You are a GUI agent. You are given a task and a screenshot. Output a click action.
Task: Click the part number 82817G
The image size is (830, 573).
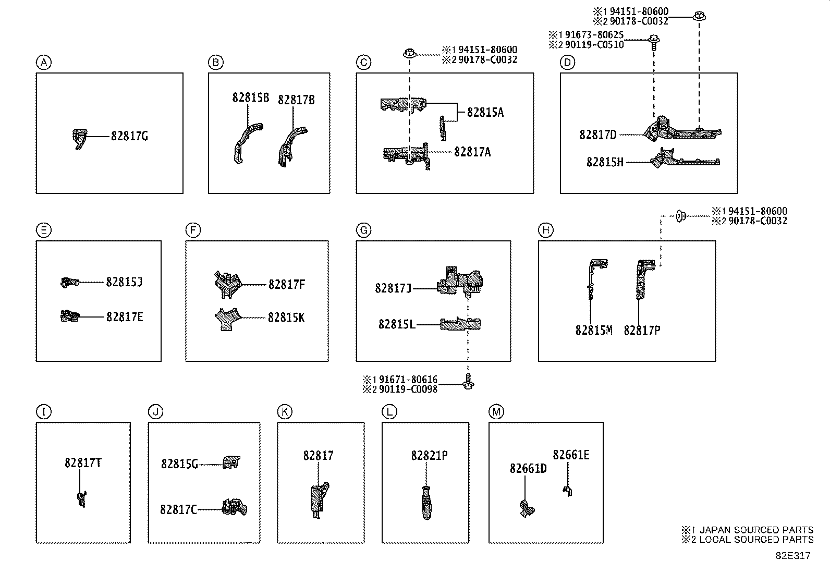[129, 136]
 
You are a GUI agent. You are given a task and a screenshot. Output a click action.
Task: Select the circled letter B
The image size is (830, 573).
[215, 63]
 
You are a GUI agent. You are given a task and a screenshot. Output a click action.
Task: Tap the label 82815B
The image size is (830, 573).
[250, 97]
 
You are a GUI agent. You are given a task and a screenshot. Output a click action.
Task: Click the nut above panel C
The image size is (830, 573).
[410, 53]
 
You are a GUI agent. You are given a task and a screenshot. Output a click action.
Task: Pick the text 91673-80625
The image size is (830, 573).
[592, 35]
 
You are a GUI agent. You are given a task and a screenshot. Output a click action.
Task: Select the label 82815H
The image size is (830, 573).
[604, 162]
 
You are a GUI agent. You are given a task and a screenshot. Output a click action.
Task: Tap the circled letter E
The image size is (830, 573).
[44, 230]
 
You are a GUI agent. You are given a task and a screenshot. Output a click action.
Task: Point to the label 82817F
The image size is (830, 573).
[286, 285]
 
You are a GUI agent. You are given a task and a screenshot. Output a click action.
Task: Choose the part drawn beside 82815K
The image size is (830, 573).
[227, 319]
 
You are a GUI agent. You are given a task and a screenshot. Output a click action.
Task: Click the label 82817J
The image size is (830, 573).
[393, 288]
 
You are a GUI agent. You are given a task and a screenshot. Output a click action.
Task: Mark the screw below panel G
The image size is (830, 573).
[468, 383]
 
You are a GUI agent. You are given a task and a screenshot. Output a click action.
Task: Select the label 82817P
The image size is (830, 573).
[642, 331]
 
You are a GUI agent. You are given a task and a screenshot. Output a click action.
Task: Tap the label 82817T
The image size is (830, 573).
[83, 463]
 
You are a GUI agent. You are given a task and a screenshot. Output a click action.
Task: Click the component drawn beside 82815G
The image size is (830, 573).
[231, 462]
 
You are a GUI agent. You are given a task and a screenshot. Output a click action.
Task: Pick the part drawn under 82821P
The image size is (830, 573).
[426, 502]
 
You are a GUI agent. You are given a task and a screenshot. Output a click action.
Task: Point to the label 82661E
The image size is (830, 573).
[571, 455]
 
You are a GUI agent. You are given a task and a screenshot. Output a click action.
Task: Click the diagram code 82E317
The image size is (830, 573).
[792, 555]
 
